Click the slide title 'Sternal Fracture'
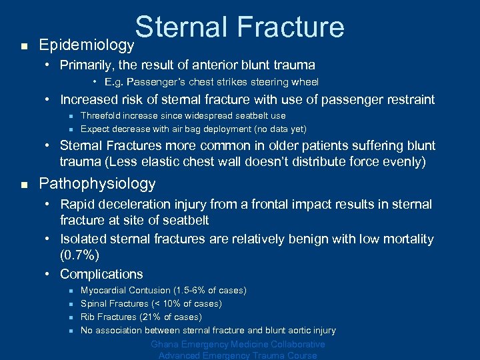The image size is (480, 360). [239, 27]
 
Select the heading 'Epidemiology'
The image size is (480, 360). [87, 45]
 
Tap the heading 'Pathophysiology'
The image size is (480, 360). [97, 183]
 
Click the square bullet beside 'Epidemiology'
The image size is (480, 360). [23, 47]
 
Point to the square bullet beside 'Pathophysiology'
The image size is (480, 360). [23, 185]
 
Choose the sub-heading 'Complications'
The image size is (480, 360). [101, 274]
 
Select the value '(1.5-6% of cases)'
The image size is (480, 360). [209, 291]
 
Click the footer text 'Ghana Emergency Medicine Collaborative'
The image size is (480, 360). [238, 345]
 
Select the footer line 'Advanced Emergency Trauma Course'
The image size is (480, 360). [238, 355]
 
